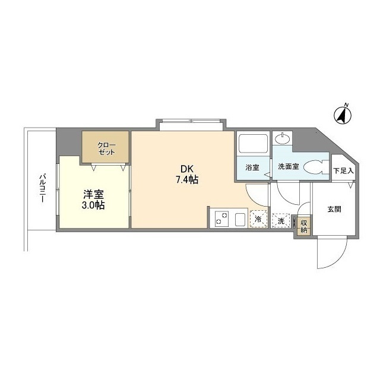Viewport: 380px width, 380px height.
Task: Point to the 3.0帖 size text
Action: (x=93, y=205)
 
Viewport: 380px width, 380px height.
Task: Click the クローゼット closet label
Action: (x=106, y=148)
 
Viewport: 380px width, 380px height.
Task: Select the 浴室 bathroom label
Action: (x=252, y=167)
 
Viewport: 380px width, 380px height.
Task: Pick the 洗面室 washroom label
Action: (x=289, y=167)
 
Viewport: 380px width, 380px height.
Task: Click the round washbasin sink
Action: (x=283, y=140)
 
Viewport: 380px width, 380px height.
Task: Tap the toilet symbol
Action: (x=313, y=168)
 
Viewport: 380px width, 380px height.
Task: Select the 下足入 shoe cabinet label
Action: (x=343, y=171)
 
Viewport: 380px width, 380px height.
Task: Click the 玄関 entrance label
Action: (x=334, y=209)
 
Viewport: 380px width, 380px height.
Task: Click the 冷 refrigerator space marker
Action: (x=258, y=220)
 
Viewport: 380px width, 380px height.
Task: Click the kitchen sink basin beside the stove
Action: (x=240, y=219)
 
